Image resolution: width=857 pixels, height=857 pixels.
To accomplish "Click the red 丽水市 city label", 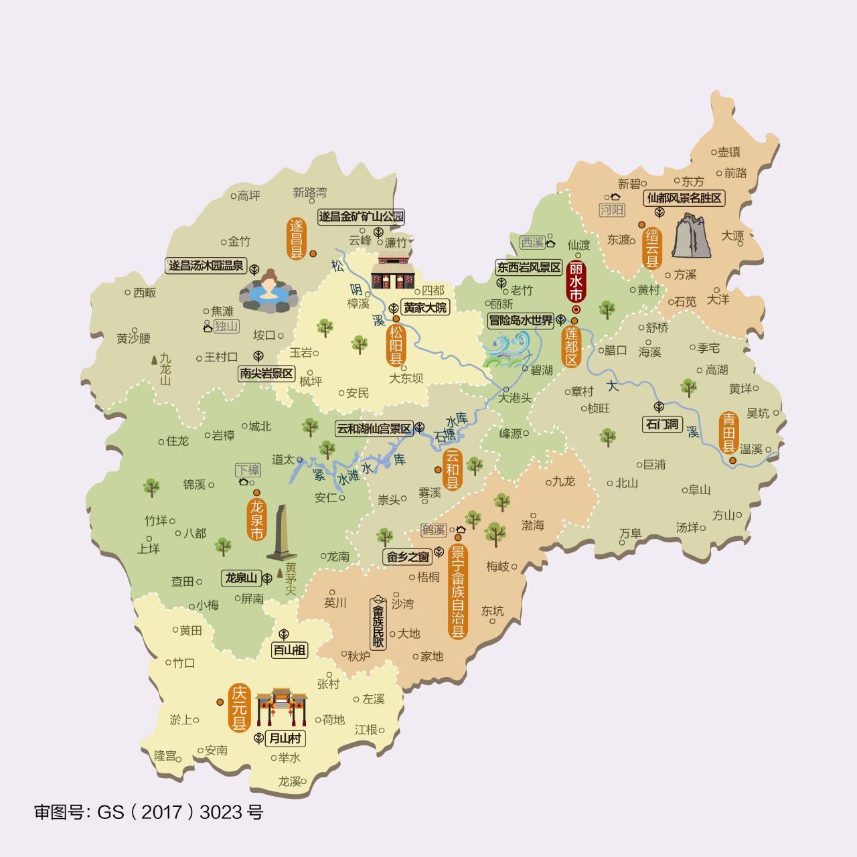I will tap(576, 281).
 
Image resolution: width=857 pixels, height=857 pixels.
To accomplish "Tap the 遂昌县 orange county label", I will tap(296, 238).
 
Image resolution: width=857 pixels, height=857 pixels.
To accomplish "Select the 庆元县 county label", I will tap(239, 708).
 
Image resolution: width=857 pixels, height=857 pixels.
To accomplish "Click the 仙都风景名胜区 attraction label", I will tap(684, 198).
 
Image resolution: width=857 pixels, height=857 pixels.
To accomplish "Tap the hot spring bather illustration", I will tap(268, 293).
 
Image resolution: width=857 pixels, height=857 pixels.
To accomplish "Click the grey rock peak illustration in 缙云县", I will tap(692, 236).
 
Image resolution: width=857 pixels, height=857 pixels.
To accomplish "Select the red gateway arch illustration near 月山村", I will tap(281, 706).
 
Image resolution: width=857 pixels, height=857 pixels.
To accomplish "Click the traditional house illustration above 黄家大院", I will tap(394, 272).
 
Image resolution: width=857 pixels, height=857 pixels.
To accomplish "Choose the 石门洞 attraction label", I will tap(661, 424).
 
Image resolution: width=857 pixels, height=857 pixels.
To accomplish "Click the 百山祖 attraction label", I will tap(289, 649).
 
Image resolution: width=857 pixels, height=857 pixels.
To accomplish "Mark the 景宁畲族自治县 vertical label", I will tap(458, 592).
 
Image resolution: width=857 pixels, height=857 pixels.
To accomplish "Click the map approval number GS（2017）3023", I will tap(149, 812).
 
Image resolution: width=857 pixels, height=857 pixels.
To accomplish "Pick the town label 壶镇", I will tap(728, 152).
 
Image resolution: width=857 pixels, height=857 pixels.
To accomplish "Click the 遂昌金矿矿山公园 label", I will tap(361, 216).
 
